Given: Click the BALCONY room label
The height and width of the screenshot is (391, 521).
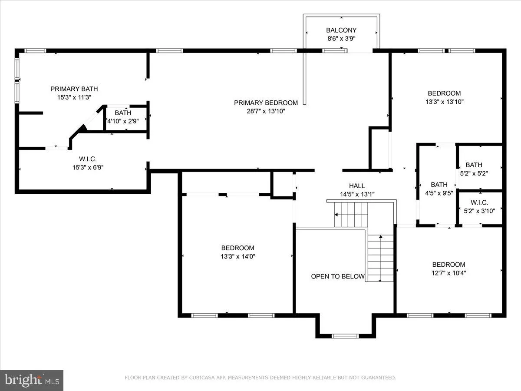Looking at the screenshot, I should [x=341, y=30].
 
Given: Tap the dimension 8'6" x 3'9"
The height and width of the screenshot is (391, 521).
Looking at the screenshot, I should [x=341, y=39].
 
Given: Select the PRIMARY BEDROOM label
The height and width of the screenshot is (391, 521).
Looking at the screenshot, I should [x=266, y=103].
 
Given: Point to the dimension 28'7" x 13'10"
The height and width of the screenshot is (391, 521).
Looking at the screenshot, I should [x=266, y=111].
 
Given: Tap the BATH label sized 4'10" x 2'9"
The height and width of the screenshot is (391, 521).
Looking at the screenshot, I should [x=123, y=113].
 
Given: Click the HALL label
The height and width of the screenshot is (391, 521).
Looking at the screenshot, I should [x=357, y=186].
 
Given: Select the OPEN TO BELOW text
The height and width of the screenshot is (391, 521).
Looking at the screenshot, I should [x=337, y=276].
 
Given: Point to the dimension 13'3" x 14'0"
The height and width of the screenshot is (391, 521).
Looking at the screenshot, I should [x=237, y=256].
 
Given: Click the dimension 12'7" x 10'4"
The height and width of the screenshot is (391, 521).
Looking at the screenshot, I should [x=448, y=273].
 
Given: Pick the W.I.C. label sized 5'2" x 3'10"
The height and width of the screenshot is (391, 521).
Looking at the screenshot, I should [x=479, y=202].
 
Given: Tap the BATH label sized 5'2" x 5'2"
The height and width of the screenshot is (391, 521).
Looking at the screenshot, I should [x=474, y=165].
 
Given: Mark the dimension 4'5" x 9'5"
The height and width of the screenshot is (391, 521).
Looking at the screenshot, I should [x=439, y=193].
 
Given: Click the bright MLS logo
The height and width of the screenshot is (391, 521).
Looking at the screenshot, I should [x=32, y=380].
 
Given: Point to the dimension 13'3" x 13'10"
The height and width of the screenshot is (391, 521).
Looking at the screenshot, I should [x=444, y=102].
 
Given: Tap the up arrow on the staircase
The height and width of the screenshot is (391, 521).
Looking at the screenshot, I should [x=381, y=238].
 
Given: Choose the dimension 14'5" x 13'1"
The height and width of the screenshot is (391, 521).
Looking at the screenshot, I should [x=357, y=195].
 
